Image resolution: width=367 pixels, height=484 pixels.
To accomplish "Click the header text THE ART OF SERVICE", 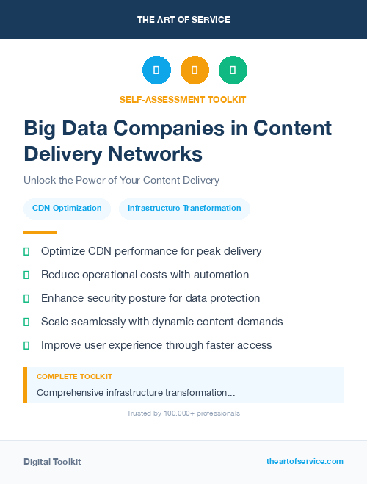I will click(183, 19).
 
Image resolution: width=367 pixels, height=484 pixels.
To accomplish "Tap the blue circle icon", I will click(156, 71).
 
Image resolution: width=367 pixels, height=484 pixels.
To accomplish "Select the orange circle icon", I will click(195, 71).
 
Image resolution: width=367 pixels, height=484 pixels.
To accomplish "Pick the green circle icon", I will click(233, 71).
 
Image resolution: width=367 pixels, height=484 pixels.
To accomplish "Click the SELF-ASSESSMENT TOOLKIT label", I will click(183, 99).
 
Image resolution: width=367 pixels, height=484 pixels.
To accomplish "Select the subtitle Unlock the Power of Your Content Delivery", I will click(121, 180).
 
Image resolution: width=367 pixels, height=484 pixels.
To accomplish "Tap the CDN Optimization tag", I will click(67, 208).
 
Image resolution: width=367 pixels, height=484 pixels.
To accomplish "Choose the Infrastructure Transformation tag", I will click(184, 208).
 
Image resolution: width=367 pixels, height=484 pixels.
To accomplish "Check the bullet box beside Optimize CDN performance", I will click(26, 251).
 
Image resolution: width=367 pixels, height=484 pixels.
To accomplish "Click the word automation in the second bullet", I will click(221, 275).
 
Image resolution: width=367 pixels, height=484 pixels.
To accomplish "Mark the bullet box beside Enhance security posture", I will click(26, 298).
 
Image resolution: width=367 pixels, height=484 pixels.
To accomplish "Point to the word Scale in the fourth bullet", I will click(54, 322).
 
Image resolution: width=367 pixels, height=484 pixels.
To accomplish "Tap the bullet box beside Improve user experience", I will click(26, 345).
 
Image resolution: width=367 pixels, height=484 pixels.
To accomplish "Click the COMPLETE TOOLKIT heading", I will click(74, 376).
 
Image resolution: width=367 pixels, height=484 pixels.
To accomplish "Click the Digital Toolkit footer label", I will click(52, 462).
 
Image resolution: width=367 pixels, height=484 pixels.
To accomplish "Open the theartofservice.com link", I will click(305, 461).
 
